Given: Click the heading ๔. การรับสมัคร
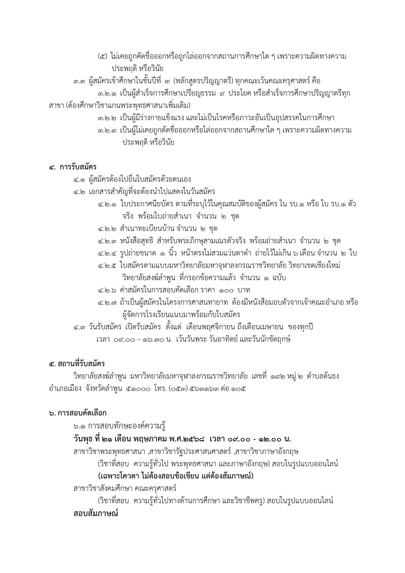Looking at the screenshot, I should point(73,167).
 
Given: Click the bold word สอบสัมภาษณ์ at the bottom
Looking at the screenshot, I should point(96,513).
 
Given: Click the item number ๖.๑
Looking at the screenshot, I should point(79,426).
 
